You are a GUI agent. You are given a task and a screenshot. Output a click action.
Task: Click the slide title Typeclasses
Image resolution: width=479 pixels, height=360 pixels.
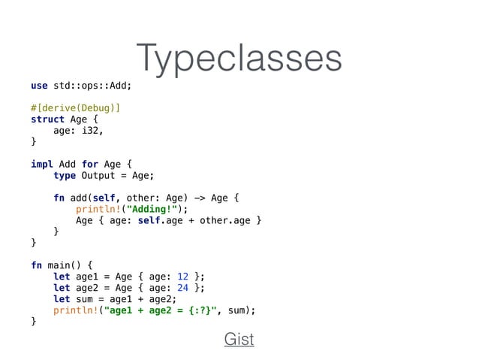tap(239, 58)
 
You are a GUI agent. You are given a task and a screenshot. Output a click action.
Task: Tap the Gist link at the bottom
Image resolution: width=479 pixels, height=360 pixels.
tap(239, 339)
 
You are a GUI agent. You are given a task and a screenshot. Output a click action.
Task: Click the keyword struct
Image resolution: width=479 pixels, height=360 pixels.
tap(47, 119)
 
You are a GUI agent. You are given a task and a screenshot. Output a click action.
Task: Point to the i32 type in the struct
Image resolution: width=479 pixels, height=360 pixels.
tap(89, 130)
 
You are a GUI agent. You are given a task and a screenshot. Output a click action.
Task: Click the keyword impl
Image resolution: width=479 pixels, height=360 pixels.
tap(42, 164)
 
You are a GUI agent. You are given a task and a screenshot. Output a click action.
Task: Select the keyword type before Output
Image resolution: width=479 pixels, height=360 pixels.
tap(65, 175)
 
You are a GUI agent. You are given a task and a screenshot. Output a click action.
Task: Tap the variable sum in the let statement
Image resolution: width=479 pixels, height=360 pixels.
tap(86, 298)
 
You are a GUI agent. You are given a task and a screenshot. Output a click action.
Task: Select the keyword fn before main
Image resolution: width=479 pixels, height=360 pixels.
tap(36, 265)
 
